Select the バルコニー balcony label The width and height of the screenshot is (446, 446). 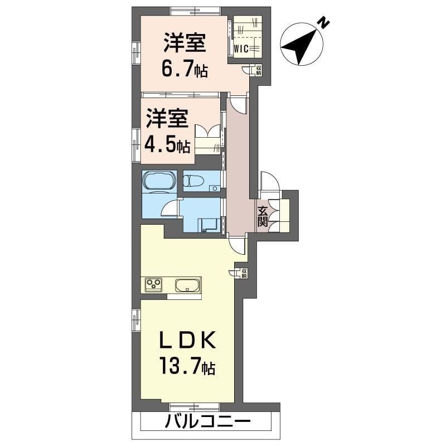[x=206, y=422]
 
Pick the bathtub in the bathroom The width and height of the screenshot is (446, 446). [x=159, y=181]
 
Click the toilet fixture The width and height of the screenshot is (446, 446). [x=195, y=181]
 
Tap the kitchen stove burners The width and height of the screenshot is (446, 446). [x=154, y=285]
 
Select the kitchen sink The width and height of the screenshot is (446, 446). [x=187, y=285]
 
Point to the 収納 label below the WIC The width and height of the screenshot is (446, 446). [x=259, y=70]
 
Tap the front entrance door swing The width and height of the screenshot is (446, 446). [x=268, y=182]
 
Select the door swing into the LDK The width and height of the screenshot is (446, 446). [x=237, y=244]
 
